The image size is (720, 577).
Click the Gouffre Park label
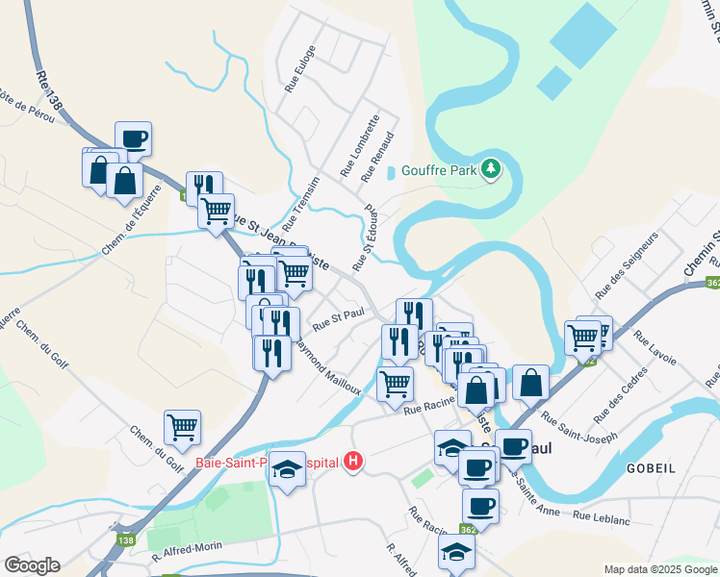pyautogui.click(x=439, y=169)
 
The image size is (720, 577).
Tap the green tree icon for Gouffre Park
pyautogui.click(x=491, y=169)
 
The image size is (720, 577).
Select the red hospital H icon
pyautogui.click(x=353, y=462)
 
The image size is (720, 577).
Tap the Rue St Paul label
pyautogui.click(x=341, y=317)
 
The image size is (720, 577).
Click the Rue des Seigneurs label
pyautogui.click(x=627, y=263)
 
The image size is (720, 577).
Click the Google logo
pyautogui.click(x=31, y=565)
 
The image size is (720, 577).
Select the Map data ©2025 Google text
pyautogui.click(x=660, y=569)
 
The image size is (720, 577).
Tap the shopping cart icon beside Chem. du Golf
pyautogui.click(x=182, y=425)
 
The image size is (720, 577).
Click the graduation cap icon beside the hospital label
pyautogui.click(x=286, y=469)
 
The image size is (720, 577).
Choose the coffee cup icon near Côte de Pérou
pyautogui.click(x=133, y=138)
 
